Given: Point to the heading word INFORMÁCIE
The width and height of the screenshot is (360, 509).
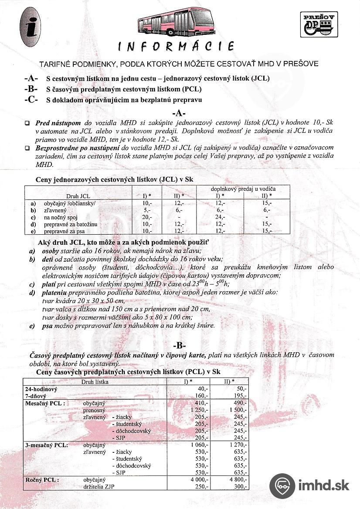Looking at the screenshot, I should [x=177, y=46].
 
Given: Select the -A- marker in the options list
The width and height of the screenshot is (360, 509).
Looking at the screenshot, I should [x=31, y=78].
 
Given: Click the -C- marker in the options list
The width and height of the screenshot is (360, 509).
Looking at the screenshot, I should [x=31, y=100].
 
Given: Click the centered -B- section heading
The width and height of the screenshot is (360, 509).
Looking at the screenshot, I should [x=179, y=346].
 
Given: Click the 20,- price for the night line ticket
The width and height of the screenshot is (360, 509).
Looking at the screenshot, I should [x=146, y=216].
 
